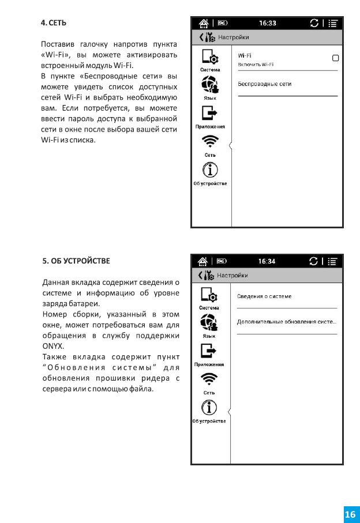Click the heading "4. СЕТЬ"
(54, 23)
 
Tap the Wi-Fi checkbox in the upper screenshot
(335, 58)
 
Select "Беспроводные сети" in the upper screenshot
(265, 84)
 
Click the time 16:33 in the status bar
(267, 23)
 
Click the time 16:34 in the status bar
(267, 261)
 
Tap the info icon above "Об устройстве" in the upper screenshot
(210, 170)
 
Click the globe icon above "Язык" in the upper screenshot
(210, 86)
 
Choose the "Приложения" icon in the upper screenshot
(210, 114)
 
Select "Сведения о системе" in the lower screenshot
(264, 296)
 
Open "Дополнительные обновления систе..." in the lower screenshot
(287, 321)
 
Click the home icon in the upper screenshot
(203, 23)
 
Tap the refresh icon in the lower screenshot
(314, 261)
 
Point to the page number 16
(350, 514)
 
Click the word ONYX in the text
(52, 346)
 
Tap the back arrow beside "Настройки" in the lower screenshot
(200, 275)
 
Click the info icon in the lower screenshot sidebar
(209, 408)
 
